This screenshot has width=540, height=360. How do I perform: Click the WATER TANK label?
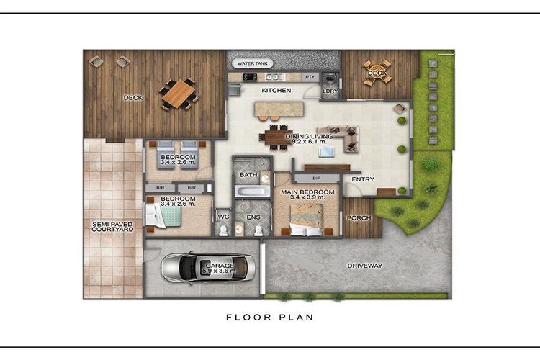click(253, 63)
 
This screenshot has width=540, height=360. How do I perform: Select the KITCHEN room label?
click(276, 90)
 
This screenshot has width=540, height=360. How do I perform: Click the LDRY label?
click(330, 91)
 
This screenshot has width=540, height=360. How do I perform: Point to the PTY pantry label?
click(310, 77)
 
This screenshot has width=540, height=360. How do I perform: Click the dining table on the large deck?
click(179, 94)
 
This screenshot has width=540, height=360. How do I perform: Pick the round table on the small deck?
click(377, 73)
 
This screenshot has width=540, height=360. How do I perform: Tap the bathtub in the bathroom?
click(253, 192)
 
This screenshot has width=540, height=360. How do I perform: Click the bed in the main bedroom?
click(307, 220)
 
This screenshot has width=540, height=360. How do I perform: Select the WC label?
click(223, 217)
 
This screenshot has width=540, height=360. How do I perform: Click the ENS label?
click(253, 217)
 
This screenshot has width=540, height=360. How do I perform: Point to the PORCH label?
click(359, 217)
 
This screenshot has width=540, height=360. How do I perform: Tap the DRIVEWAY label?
click(365, 266)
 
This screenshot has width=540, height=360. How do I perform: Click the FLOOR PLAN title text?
click(270, 318)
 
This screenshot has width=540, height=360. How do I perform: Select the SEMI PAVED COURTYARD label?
click(112, 226)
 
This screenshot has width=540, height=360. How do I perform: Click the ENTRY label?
click(363, 179)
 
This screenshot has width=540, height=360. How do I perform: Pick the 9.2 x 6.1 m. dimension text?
click(309, 141)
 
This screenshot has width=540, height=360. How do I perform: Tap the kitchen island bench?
click(279, 109)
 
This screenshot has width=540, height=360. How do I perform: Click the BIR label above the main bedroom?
click(317, 179)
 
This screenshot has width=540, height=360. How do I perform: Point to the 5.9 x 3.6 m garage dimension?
click(220, 271)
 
